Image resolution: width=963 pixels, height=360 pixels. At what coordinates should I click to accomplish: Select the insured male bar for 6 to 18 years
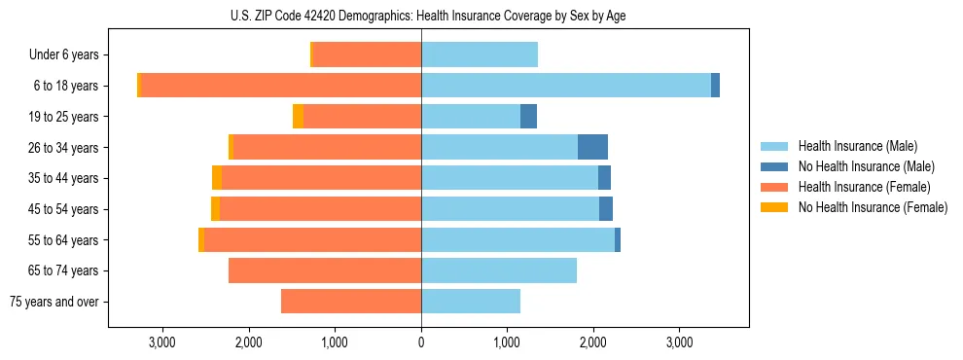(x=565, y=86)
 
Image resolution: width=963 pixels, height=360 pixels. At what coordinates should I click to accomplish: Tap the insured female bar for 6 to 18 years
(x=281, y=86)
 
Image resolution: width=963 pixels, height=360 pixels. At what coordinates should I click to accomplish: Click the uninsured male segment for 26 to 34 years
(x=592, y=147)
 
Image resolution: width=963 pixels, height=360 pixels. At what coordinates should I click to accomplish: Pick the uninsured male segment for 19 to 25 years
(x=528, y=117)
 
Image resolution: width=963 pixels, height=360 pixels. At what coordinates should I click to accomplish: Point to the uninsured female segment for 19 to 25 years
(x=298, y=117)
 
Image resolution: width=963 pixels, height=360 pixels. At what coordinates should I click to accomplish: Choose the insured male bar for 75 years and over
(x=471, y=302)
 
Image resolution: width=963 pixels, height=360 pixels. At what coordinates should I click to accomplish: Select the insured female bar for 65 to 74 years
(x=325, y=270)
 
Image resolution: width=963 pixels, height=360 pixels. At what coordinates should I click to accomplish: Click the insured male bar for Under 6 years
(x=480, y=54)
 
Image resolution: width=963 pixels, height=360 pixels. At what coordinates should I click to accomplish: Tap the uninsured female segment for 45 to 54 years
(x=215, y=209)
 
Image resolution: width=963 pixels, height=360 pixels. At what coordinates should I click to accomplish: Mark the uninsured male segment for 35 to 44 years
(x=604, y=178)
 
